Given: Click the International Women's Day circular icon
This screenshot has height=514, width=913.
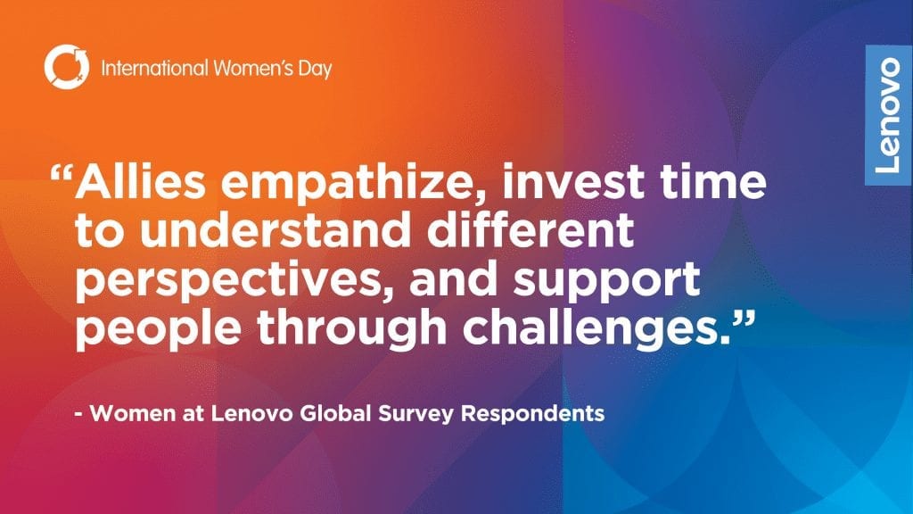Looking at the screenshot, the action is [66, 67].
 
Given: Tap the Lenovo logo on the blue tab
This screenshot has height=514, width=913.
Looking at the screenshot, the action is [889, 115].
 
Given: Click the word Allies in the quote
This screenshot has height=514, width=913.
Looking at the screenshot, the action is [140, 181].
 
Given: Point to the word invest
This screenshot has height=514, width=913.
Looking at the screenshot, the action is [573, 181].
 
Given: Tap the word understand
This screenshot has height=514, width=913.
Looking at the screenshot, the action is [276, 230].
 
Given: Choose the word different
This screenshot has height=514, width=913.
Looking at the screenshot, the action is [531, 230].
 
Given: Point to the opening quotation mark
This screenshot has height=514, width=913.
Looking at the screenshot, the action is [62, 174].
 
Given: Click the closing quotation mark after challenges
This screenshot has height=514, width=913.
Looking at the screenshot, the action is [744, 319].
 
